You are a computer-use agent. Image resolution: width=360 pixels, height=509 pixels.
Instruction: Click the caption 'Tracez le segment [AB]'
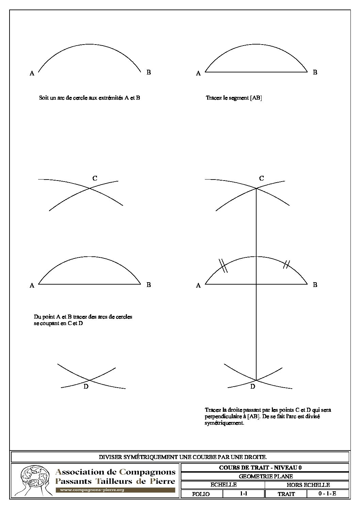[234, 98]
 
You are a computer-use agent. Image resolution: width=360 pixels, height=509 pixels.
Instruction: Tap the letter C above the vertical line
[261, 178]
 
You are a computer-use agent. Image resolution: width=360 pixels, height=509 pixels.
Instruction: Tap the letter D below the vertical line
[252, 387]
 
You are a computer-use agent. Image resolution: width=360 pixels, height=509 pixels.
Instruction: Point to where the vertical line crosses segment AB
[256, 284]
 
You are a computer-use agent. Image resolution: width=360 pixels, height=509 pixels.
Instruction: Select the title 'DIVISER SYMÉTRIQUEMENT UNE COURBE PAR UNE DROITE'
[180, 457]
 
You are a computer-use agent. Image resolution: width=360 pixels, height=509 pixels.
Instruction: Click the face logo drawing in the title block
[33, 480]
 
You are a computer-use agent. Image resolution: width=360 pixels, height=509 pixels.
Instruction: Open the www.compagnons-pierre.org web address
[92, 490]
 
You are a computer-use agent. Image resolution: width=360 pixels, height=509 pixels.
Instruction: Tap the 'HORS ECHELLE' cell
[308, 485]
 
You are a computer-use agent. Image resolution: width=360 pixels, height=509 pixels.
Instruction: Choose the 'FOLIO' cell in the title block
[201, 494]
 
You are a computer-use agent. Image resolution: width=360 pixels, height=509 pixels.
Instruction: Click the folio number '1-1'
[243, 494]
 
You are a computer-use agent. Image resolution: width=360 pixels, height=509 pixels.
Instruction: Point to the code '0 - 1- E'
[327, 494]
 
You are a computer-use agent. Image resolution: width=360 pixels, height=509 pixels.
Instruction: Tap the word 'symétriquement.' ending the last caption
[224, 423]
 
